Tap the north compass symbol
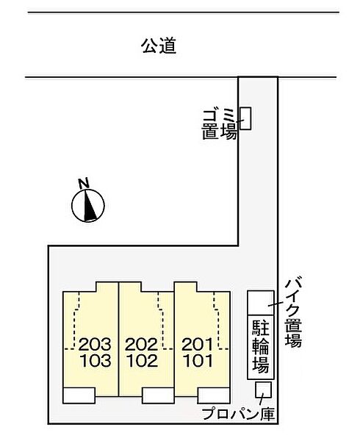(x=89, y=205)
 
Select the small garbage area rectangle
(x=246, y=118)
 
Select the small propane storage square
(x=262, y=390)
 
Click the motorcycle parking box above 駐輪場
(x=259, y=302)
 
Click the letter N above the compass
(x=84, y=183)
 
